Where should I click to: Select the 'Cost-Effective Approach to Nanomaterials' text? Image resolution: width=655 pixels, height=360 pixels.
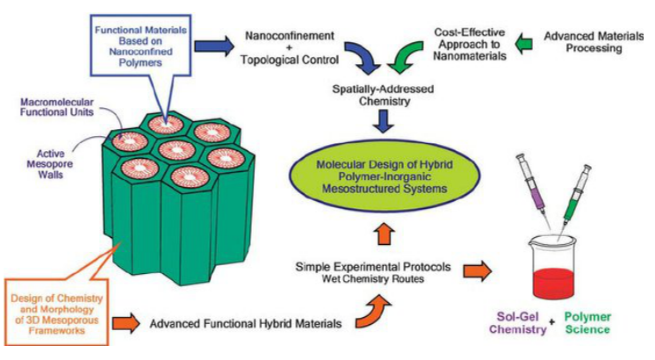[x=465, y=42]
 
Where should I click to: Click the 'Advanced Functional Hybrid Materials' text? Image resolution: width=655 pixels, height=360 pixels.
[x=245, y=324]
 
